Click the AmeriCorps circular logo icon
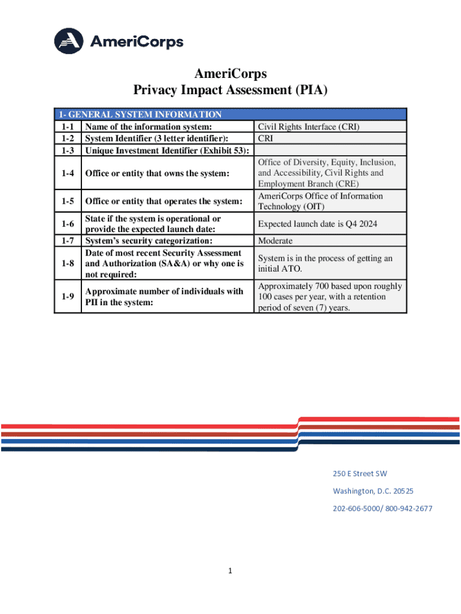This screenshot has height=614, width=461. point(70,41)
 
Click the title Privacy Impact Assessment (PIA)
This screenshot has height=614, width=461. point(230,91)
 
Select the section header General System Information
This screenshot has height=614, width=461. point(139,115)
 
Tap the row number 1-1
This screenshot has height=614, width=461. point(67,127)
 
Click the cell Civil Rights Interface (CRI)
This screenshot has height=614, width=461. point(308,127)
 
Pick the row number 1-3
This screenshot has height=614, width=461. point(67,150)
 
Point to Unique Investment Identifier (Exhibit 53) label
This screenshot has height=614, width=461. point(167,150)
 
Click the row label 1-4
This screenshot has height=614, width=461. point(67,173)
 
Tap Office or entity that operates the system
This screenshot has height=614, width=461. point(164,201)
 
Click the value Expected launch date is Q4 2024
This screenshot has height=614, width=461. point(317,224)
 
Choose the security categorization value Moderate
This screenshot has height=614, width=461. point(275,240)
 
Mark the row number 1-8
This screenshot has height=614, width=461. point(67,263)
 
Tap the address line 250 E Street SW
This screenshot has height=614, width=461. point(360,474)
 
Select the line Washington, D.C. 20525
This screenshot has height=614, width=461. point(372,491)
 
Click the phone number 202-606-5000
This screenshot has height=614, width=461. point(356,508)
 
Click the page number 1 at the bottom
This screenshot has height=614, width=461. point(230,571)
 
